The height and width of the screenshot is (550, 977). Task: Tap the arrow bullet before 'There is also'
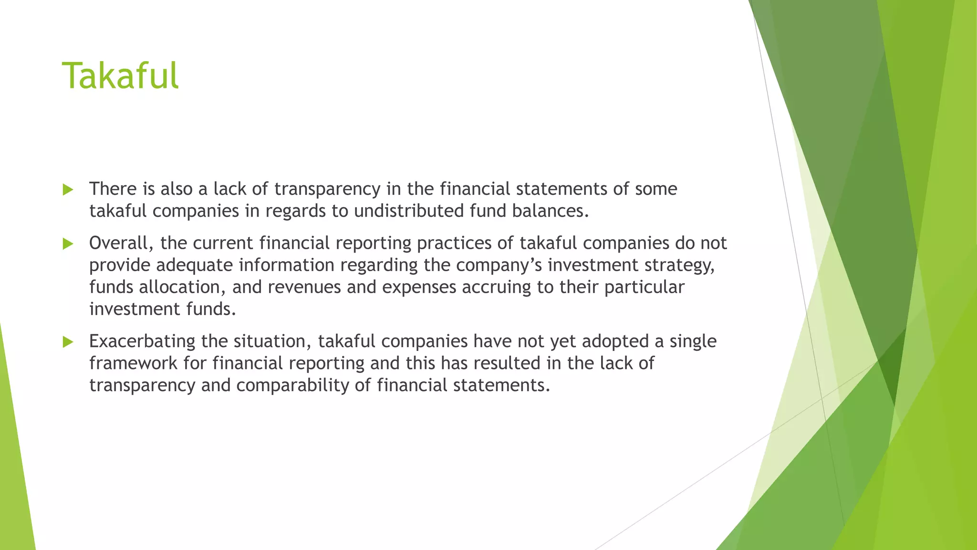(x=68, y=190)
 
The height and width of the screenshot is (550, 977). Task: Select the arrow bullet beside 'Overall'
(x=68, y=244)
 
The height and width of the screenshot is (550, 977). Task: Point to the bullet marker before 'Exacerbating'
(x=68, y=342)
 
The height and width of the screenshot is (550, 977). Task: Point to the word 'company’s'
(x=499, y=265)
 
